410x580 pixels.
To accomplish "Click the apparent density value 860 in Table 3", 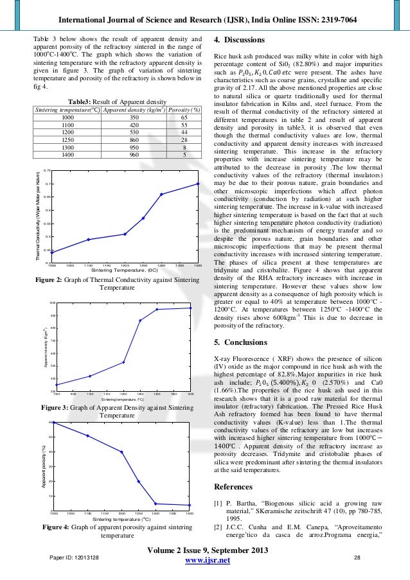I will coord(134,139).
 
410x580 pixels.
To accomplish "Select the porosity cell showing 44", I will coord(184,132).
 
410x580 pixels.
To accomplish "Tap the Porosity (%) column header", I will coord(184,110).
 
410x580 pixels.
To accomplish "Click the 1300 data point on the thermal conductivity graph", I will coord(161,194).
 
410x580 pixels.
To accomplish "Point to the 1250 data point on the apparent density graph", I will coord(140,321).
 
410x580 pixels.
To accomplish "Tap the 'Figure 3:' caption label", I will coord(58,408).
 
